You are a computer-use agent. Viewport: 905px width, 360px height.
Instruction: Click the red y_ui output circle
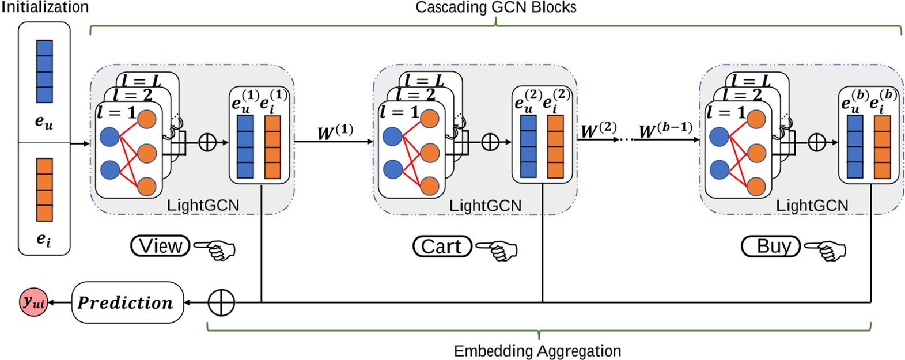[33, 301]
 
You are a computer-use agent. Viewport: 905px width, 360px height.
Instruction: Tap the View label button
[161, 246]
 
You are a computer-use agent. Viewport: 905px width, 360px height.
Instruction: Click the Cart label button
[442, 247]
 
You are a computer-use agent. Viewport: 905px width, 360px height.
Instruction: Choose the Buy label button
[771, 246]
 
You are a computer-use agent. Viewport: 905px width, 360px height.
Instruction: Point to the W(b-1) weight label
[666, 131]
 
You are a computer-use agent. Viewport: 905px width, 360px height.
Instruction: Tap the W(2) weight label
[599, 131]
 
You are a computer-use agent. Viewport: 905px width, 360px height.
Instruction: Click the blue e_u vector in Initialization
[44, 71]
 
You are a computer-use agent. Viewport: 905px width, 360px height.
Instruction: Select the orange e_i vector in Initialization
[44, 190]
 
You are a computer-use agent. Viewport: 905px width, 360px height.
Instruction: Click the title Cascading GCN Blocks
[496, 7]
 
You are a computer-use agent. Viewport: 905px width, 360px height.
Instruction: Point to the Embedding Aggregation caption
[537, 351]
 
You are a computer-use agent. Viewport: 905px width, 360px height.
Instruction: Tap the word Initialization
[45, 7]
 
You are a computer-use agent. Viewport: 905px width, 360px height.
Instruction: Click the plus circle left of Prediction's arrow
[221, 302]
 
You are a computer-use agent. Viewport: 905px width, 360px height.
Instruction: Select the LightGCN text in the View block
[202, 205]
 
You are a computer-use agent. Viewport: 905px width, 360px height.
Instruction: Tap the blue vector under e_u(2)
[528, 146]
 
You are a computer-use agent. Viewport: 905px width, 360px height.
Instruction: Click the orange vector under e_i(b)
[882, 146]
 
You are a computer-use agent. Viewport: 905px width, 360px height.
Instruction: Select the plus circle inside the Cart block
[490, 142]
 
